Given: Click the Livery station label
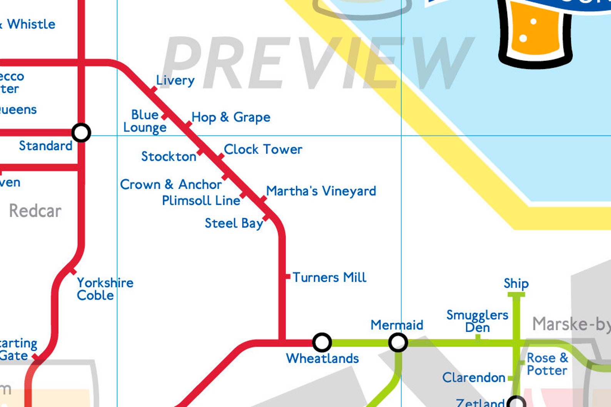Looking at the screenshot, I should pyautogui.click(x=175, y=80).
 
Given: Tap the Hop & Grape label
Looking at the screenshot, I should pyautogui.click(x=231, y=117).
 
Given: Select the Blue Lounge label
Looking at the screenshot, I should pyautogui.click(x=145, y=121).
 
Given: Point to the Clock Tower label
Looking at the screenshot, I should pyautogui.click(x=263, y=150).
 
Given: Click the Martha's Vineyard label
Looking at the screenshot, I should pyautogui.click(x=321, y=191).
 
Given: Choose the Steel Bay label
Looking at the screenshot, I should pyautogui.click(x=234, y=223).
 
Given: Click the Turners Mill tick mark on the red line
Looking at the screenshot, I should pyautogui.click(x=287, y=276).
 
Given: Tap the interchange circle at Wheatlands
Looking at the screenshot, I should pyautogui.click(x=322, y=342).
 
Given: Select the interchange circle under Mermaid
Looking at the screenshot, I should pyautogui.click(x=398, y=342).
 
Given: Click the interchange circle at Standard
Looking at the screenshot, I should pyautogui.click(x=81, y=133).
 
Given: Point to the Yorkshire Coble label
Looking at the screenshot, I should pyautogui.click(x=105, y=289).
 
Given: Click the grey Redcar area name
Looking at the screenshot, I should pyautogui.click(x=35, y=211).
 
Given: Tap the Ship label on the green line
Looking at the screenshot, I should pyautogui.click(x=516, y=284).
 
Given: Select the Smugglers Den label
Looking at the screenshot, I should pyautogui.click(x=477, y=321).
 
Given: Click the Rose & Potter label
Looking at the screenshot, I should pyautogui.click(x=547, y=364).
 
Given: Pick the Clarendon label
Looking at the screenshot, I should pyautogui.click(x=474, y=378).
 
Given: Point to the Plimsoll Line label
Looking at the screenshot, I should pyautogui.click(x=201, y=201).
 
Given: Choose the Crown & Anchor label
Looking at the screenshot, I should pyautogui.click(x=171, y=185).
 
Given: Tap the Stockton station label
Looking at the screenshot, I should pyautogui.click(x=169, y=157).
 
